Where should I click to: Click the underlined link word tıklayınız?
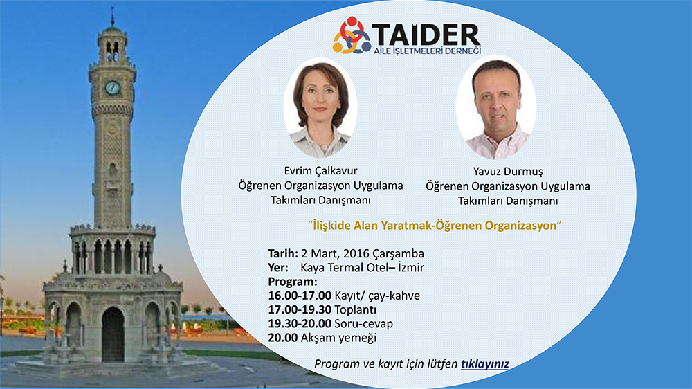click(485, 364)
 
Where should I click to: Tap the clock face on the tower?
click(113, 88)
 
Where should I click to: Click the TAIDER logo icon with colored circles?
click(352, 35)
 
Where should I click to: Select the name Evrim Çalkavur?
click(321, 171)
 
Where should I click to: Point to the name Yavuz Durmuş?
click(508, 172)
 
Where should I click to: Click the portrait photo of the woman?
click(320, 108)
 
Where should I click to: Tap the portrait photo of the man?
click(496, 107)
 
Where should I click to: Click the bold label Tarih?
click(283, 253)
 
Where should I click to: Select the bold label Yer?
click(278, 268)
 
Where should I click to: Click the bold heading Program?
click(293, 282)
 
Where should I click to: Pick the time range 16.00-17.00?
click(300, 296)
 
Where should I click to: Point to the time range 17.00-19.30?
click(300, 309)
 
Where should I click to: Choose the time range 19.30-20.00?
click(300, 324)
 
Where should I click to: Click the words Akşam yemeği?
click(338, 338)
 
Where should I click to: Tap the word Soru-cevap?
click(364, 324)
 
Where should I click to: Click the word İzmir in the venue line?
click(411, 268)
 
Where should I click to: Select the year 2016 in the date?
click(356, 253)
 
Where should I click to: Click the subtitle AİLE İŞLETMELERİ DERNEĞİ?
click(427, 51)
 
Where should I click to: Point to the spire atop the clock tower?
click(113, 18)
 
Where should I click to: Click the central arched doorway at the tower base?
click(113, 334)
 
